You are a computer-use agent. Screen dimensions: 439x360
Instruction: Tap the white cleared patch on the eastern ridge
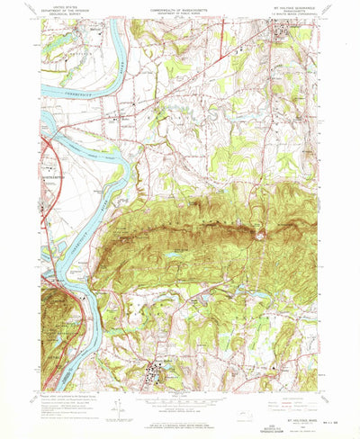point(262,237)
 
